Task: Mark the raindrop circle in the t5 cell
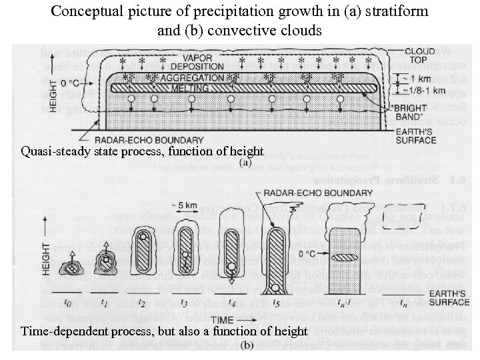point(275,288)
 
